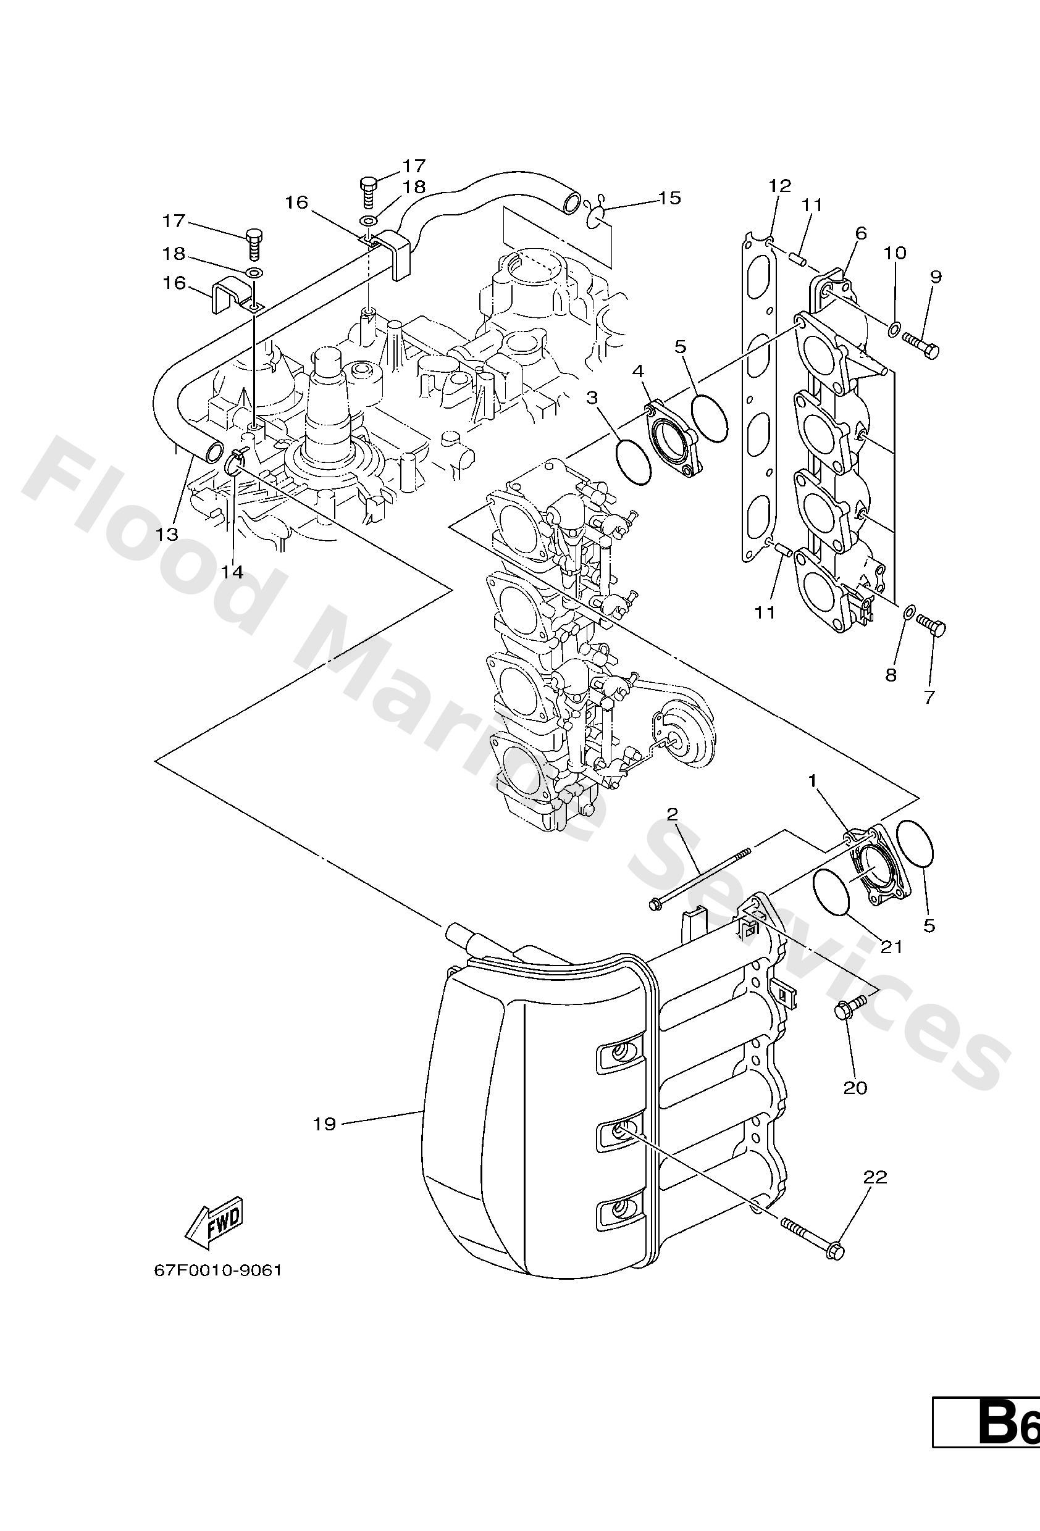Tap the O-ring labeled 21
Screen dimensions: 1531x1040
point(835,893)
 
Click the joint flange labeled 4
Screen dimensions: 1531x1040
point(671,440)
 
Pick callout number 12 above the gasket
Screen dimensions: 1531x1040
point(779,186)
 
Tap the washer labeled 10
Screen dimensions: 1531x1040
point(893,327)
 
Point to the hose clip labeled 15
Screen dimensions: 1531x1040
point(597,214)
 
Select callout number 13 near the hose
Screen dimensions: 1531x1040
point(167,533)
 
